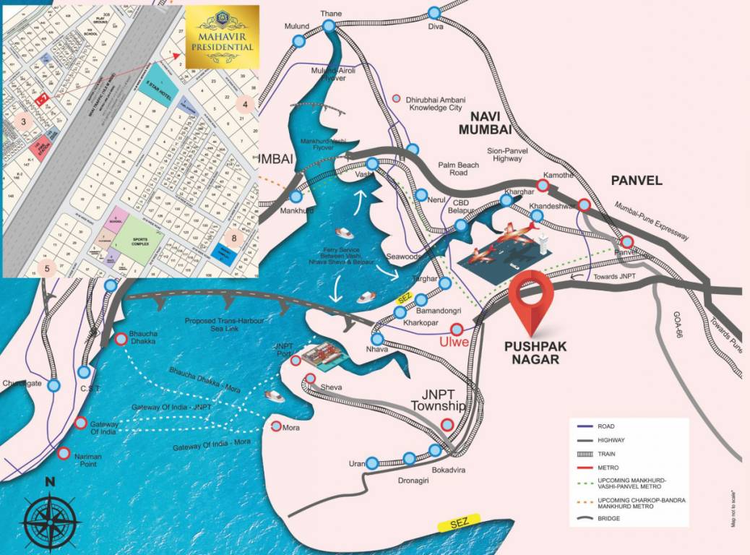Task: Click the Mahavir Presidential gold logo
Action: [222, 37]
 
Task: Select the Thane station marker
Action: [329, 26]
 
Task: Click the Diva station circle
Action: [434, 13]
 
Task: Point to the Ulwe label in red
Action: [453, 343]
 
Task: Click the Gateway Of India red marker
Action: [81, 423]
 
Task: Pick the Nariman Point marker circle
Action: [64, 455]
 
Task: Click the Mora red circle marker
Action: [277, 426]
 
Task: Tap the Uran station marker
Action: [372, 462]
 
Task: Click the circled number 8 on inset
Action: [233, 237]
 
